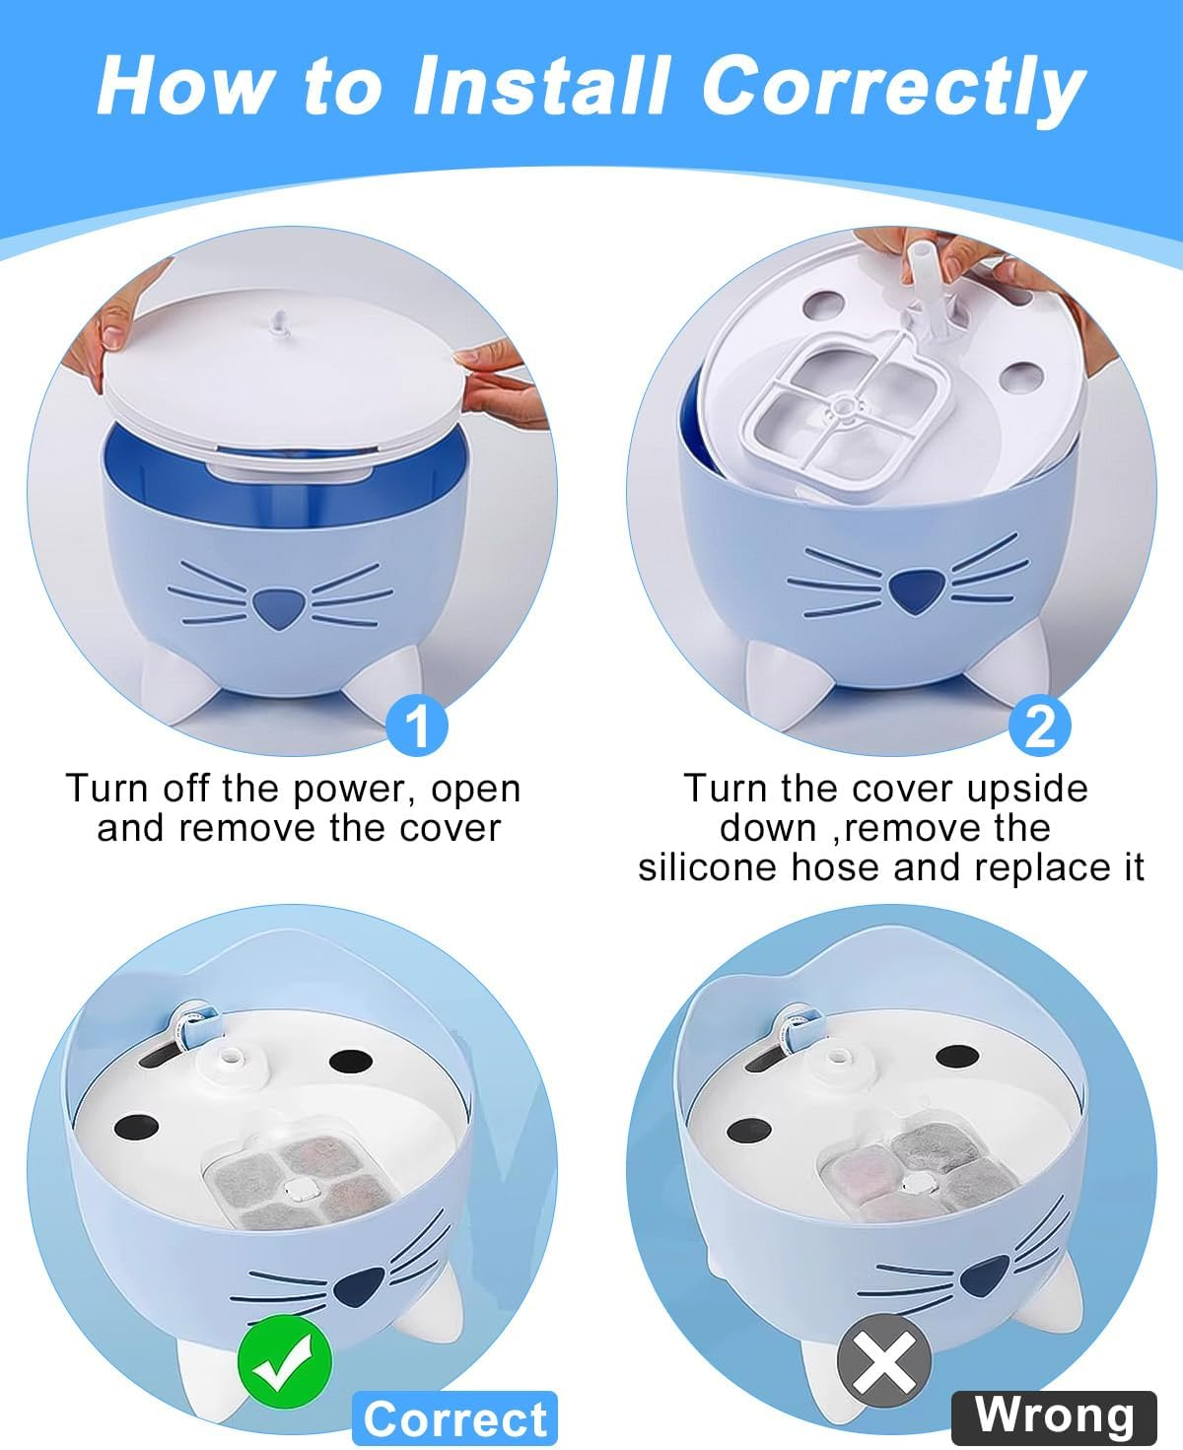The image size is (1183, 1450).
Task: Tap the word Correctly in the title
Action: click(892, 87)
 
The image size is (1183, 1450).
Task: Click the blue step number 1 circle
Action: click(418, 726)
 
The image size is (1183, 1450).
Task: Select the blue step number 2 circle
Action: click(1040, 726)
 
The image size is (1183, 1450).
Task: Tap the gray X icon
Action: click(883, 1362)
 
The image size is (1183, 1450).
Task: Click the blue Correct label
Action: click(454, 1418)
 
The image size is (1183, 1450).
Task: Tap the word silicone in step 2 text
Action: click(708, 867)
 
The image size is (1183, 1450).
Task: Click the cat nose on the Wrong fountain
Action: click(985, 1277)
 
